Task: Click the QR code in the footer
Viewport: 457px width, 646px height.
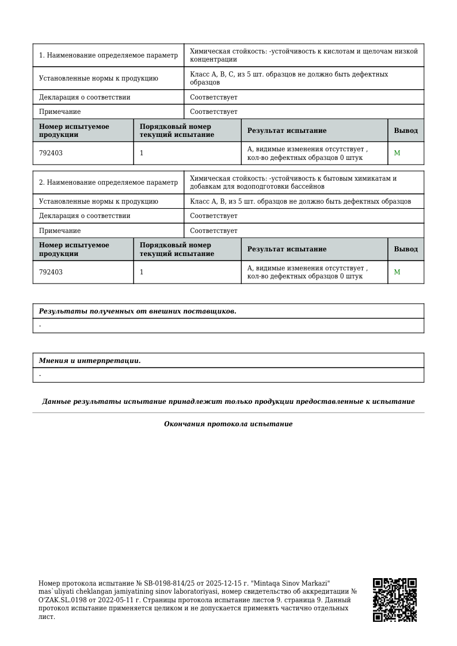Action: point(394,600)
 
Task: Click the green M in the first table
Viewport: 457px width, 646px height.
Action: point(397,153)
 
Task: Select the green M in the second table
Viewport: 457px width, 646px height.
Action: point(397,272)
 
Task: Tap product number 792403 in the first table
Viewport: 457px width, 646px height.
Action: point(51,154)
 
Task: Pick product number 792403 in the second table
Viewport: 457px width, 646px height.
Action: point(51,272)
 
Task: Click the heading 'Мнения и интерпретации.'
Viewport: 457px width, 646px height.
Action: point(90,361)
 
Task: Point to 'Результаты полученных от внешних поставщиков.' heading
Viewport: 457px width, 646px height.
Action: point(138,311)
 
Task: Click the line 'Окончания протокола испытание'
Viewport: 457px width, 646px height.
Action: point(228,424)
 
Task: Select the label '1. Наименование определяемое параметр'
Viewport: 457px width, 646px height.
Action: point(108,56)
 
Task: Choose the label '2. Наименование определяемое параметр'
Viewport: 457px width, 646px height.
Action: point(108,182)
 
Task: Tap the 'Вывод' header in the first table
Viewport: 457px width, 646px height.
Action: point(406,131)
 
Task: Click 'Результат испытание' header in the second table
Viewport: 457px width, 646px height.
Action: point(287,249)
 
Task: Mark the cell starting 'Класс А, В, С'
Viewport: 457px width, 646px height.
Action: point(289,78)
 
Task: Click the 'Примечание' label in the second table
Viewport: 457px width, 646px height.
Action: point(60,231)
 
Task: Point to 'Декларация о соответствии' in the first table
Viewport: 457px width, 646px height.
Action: point(85,97)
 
